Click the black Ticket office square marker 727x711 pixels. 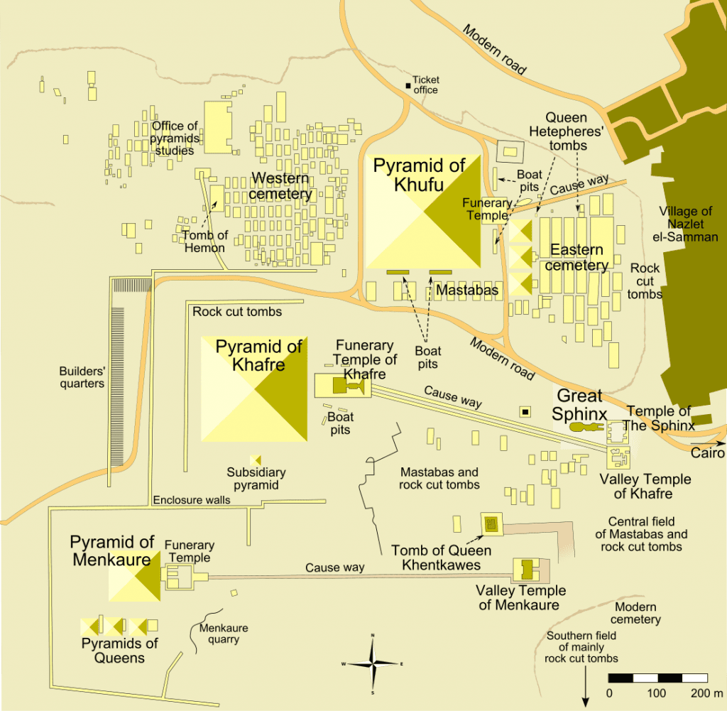coord(408,86)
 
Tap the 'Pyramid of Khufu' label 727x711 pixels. coord(419,175)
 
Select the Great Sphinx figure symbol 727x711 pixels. coord(586,428)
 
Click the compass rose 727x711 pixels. coord(373,663)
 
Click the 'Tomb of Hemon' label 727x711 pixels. coord(204,241)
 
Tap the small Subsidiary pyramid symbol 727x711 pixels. coord(255,460)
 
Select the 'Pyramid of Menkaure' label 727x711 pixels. coord(111,550)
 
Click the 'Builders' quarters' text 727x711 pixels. coord(82,377)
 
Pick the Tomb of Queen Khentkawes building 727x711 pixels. coord(491,525)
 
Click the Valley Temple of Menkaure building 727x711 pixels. coord(526,570)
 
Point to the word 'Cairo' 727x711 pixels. coord(709,453)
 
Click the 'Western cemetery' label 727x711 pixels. coord(280,185)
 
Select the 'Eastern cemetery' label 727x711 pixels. coord(576,257)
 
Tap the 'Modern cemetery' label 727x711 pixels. coord(636,613)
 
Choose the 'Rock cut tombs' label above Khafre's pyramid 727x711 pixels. coord(237,311)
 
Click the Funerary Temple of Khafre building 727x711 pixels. coord(341,386)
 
